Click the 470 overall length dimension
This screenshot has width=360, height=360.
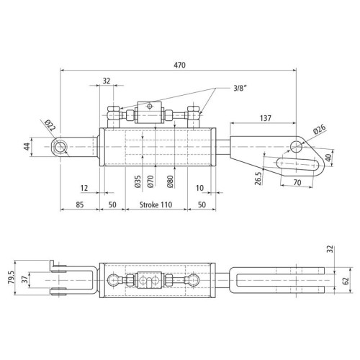(180, 65)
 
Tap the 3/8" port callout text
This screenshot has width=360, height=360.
(240, 89)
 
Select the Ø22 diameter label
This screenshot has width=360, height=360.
(50, 125)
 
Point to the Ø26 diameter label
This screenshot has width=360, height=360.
(320, 129)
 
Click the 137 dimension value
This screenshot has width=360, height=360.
(266, 118)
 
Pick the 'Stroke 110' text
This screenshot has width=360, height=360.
(156, 204)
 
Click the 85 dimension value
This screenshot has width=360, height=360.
(80, 204)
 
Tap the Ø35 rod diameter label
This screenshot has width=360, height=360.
(138, 181)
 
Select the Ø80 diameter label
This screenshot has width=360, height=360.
(170, 181)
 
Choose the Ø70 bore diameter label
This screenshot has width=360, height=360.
(150, 181)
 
